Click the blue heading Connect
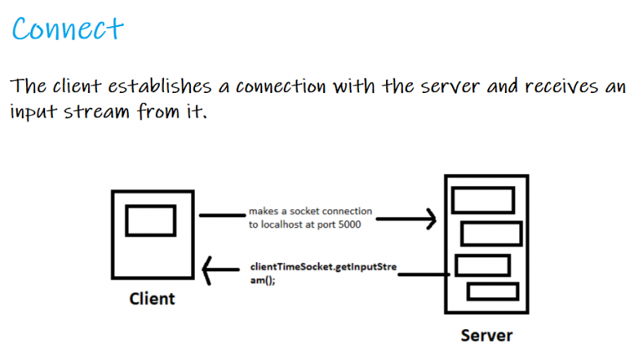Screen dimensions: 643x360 click(68, 28)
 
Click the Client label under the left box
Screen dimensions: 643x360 click(152, 299)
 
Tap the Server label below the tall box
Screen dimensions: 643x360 click(486, 336)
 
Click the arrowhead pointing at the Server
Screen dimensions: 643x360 click(430, 219)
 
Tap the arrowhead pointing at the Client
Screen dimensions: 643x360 click(207, 270)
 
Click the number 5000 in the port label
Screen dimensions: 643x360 click(350, 224)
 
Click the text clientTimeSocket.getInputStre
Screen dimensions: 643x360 click(323, 267)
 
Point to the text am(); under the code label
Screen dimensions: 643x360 click(263, 280)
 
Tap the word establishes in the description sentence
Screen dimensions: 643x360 click(160, 86)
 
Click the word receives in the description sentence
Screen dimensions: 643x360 click(561, 86)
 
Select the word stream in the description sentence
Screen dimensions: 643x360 click(96, 111)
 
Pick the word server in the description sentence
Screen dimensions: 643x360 click(450, 87)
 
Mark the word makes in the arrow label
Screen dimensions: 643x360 click(263, 211)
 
